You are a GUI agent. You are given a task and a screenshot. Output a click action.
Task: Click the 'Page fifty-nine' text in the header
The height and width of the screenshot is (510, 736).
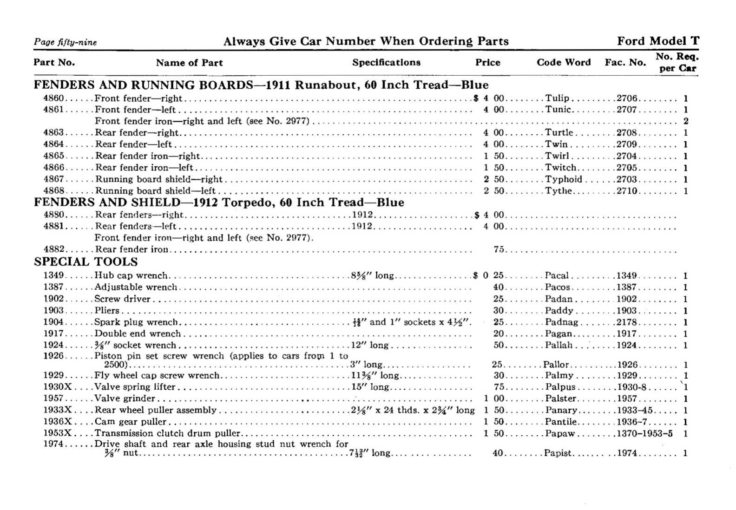(65, 42)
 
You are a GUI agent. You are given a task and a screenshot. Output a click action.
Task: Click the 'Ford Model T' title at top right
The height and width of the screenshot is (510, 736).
(657, 41)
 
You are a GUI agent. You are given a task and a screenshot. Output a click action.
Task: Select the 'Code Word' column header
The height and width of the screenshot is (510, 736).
(563, 62)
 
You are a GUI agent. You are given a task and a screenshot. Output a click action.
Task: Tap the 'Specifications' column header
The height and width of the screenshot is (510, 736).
(386, 62)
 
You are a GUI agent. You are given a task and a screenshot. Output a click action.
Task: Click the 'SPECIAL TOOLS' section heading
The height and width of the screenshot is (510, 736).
(86, 262)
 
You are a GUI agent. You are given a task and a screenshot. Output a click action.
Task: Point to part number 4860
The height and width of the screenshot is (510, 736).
(53, 98)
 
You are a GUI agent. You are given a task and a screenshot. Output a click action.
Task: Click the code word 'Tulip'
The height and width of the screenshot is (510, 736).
(557, 98)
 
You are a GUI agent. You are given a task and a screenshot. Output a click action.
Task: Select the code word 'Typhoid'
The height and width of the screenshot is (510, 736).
(563, 179)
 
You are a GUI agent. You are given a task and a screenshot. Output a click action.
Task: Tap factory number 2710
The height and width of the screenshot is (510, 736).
(627, 191)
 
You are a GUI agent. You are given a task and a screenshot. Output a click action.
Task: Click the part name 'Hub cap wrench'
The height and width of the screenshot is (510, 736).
(131, 275)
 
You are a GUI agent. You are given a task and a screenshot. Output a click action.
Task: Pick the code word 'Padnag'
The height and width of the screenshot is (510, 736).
(561, 322)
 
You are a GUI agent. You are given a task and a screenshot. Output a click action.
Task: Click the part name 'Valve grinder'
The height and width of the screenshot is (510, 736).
(125, 399)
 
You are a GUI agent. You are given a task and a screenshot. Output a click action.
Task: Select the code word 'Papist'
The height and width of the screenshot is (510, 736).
(558, 453)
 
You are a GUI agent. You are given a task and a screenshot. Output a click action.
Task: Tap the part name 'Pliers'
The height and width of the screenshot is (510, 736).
(107, 310)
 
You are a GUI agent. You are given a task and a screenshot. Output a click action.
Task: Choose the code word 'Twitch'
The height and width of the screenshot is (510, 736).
(560, 168)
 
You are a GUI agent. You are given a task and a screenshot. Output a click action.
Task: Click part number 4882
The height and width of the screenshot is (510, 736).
(53, 249)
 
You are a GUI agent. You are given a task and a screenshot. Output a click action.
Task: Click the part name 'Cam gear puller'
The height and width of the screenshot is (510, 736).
(131, 422)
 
